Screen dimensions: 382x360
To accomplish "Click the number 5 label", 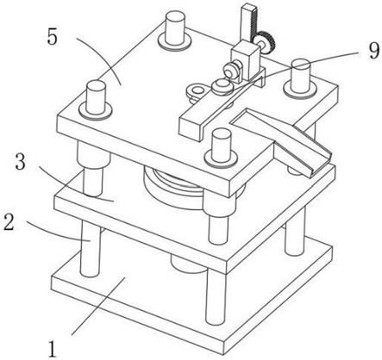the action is pos(53,37).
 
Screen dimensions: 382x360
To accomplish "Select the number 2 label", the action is pos(9,222).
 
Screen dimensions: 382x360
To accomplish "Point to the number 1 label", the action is pos(53,349).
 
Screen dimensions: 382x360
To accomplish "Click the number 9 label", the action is pos(373,52).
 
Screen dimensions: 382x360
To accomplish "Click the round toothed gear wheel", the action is pos(265,42).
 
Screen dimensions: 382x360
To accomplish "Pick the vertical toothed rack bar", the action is pos(248,23).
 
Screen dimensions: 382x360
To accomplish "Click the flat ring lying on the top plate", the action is pos(196,91).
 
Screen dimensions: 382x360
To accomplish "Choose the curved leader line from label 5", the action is pos(102,59).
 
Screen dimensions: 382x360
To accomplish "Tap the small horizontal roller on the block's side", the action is pos(232,69).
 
